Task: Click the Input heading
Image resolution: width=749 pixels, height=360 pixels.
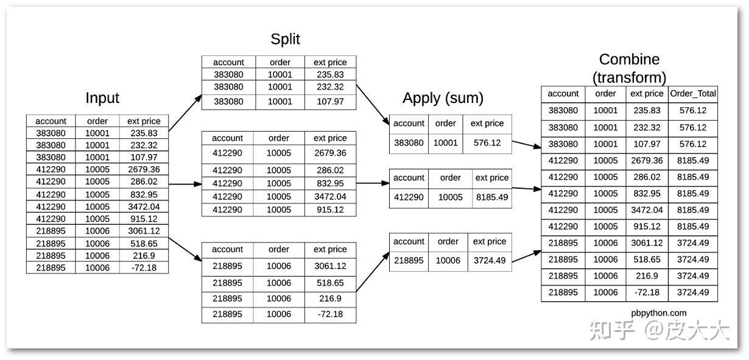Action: pyautogui.click(x=102, y=98)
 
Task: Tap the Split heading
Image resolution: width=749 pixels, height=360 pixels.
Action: pyautogui.click(x=285, y=40)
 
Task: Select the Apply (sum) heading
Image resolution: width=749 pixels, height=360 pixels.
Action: pyautogui.click(x=443, y=98)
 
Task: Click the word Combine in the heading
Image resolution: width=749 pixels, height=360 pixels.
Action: pyautogui.click(x=629, y=60)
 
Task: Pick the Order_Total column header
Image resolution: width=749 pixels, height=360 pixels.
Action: pyautogui.click(x=693, y=94)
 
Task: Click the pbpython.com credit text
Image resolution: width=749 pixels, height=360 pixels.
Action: pyautogui.click(x=659, y=313)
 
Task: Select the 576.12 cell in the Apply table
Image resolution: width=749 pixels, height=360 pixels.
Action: pyautogui.click(x=487, y=143)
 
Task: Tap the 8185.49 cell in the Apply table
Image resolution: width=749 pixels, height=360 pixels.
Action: pyautogui.click(x=492, y=197)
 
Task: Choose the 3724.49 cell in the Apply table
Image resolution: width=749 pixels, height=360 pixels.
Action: pyautogui.click(x=490, y=260)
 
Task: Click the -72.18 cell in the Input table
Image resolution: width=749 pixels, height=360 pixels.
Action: pyautogui.click(x=144, y=268)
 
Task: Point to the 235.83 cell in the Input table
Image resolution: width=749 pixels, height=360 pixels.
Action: pyautogui.click(x=144, y=133)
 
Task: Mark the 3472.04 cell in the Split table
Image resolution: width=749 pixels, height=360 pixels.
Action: pyautogui.click(x=330, y=197)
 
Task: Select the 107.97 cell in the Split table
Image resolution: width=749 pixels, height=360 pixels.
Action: pyautogui.click(x=330, y=102)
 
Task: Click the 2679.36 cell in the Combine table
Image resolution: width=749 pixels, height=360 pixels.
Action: pyautogui.click(x=647, y=161)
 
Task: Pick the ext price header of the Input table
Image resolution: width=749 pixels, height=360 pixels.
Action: pyautogui.click(x=144, y=121)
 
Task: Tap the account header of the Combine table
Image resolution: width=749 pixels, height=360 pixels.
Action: pyautogui.click(x=563, y=94)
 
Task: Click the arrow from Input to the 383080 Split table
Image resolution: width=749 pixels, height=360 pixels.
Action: pyautogui.click(x=185, y=113)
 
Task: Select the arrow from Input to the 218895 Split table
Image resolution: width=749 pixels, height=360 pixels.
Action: pyautogui.click(x=185, y=250)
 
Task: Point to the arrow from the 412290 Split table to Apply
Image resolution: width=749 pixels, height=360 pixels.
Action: pyautogui.click(x=373, y=183)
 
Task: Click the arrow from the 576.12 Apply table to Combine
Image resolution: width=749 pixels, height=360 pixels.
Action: pyautogui.click(x=527, y=144)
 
